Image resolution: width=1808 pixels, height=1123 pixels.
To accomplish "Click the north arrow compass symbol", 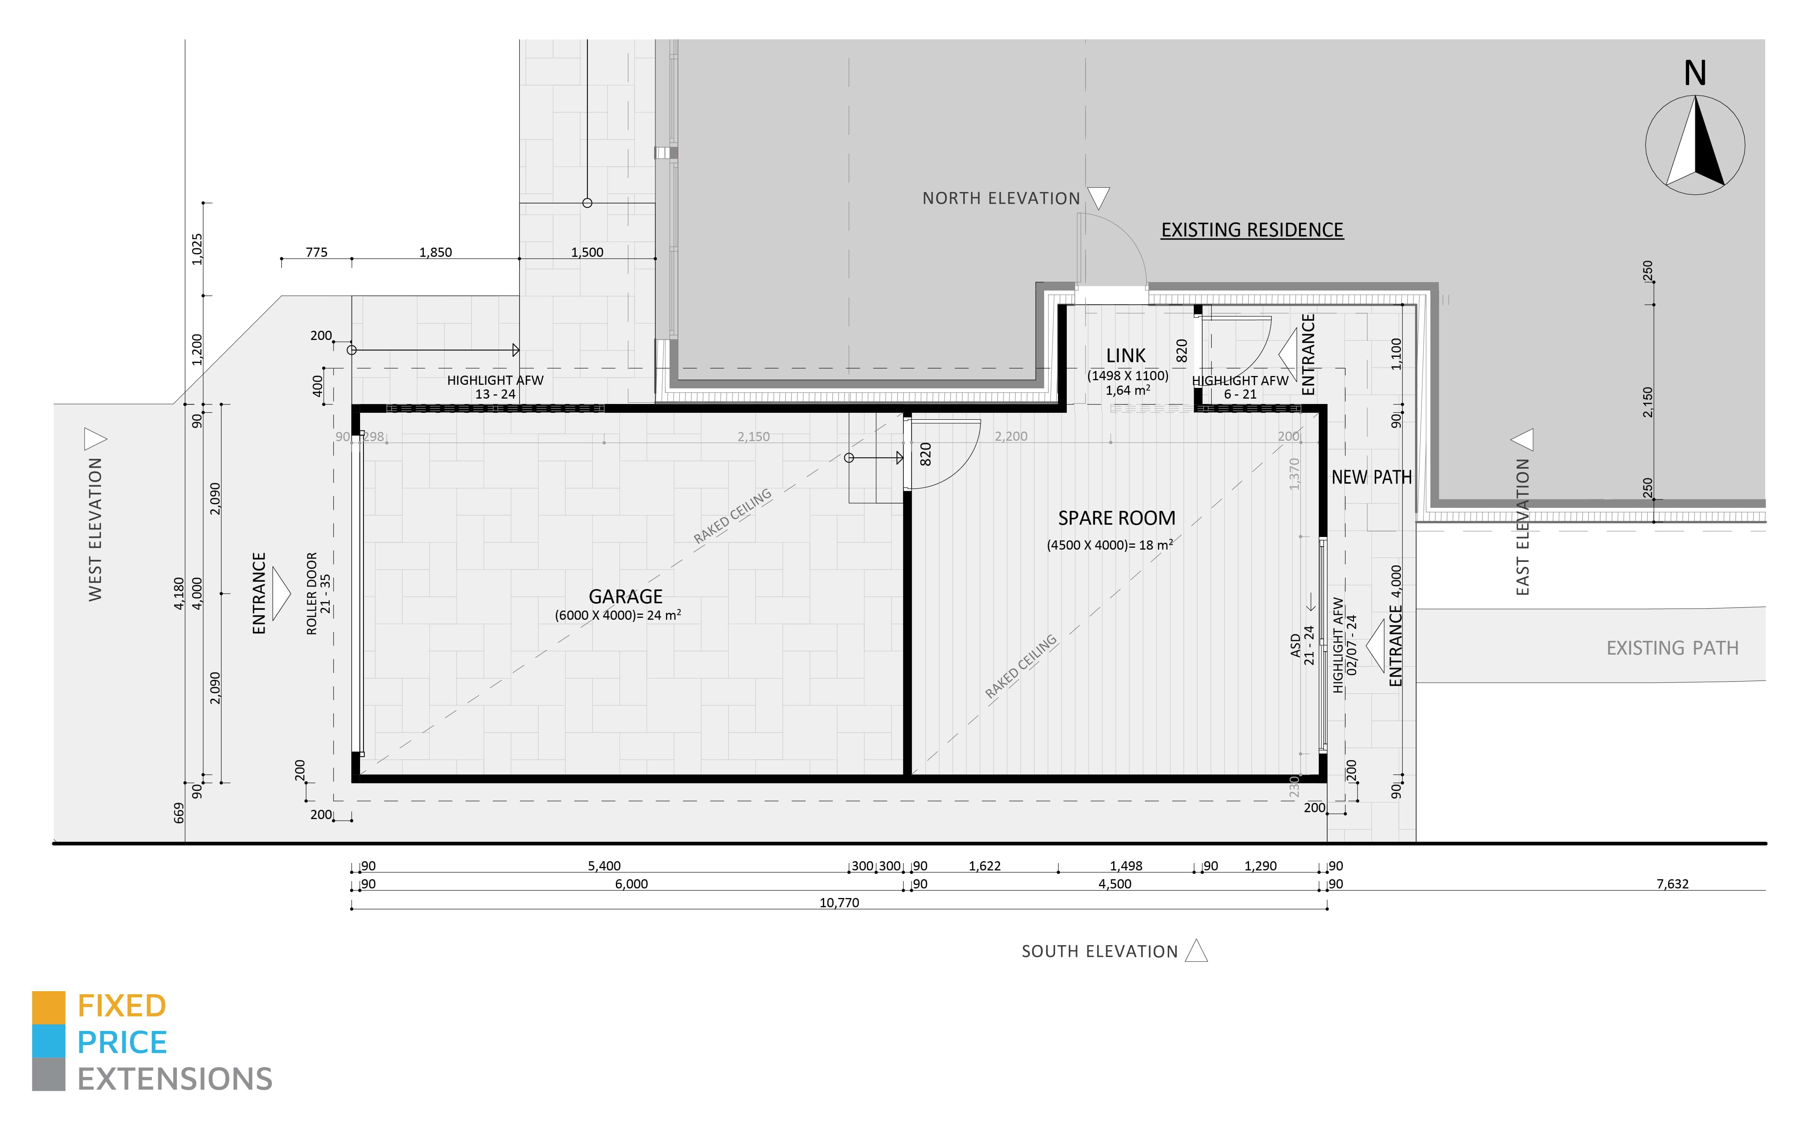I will click(1695, 145).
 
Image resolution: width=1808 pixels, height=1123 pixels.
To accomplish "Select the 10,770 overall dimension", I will click(839, 902).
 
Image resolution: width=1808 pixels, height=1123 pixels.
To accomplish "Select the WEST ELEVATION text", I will click(95, 529).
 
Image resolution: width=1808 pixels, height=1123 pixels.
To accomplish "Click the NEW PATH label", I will click(1371, 478).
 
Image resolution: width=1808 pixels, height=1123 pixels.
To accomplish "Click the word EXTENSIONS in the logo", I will click(174, 1079).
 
